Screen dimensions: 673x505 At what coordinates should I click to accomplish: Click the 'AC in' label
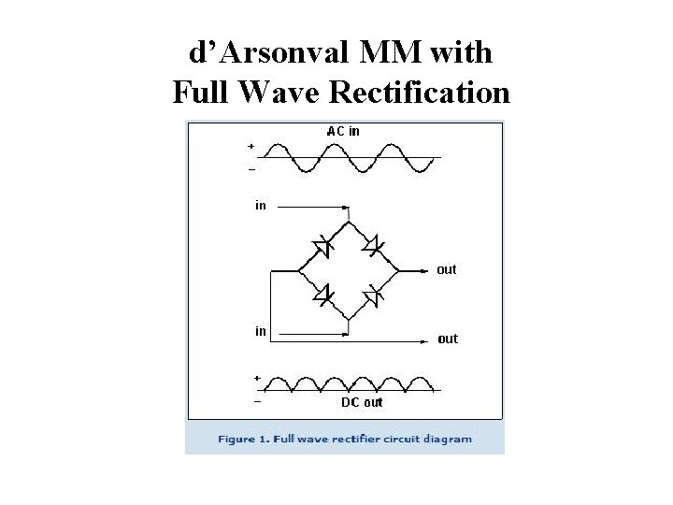[x=343, y=131]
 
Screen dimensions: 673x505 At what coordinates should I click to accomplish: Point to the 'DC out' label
[x=361, y=403]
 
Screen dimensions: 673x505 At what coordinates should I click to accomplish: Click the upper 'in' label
[x=260, y=206]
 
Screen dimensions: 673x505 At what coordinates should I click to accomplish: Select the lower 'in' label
[x=260, y=331]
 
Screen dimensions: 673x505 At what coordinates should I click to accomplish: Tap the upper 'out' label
[x=447, y=269]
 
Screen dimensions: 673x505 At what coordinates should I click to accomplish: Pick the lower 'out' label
[x=448, y=339]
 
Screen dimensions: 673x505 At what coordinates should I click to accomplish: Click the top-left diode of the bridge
[x=322, y=248]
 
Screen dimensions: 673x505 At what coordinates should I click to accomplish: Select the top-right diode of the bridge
[x=372, y=248]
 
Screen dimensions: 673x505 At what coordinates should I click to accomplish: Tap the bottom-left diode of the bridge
[x=322, y=296]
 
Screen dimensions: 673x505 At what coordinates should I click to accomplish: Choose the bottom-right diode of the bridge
[x=372, y=296]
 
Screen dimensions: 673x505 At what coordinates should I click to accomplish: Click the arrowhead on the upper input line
[x=347, y=206]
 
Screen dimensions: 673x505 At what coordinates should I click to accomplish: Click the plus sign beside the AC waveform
[x=251, y=147]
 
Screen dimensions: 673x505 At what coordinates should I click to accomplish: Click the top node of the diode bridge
[x=348, y=223]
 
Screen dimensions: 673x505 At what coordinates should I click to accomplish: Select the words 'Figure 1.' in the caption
[x=243, y=439]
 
